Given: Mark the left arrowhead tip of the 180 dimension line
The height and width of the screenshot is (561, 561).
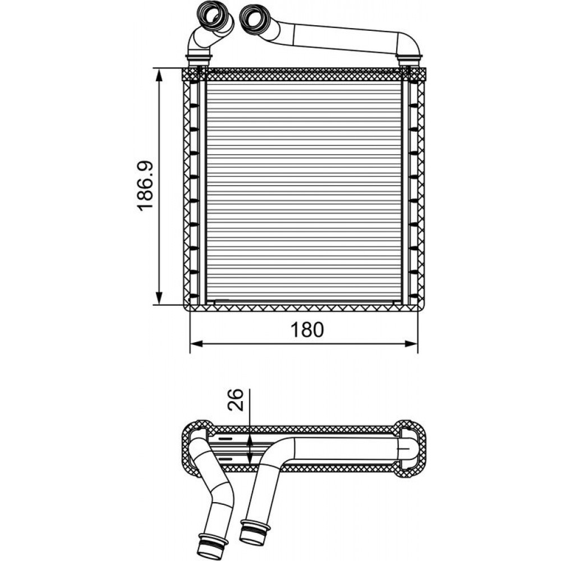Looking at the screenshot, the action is [x=190, y=344].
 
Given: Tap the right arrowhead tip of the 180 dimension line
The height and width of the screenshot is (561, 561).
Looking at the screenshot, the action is [x=417, y=344].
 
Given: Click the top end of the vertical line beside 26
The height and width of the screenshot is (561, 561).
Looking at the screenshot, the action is [x=250, y=389].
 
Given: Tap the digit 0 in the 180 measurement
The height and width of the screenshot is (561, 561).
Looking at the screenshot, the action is [x=317, y=329].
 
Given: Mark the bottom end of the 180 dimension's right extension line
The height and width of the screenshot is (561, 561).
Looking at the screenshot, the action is [x=417, y=353].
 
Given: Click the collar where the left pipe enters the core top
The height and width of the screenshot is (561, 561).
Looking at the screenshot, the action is [x=198, y=59].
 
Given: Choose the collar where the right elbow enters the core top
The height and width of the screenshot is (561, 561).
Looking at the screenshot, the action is [x=410, y=59].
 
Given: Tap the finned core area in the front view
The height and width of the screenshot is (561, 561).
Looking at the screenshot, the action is [x=304, y=191].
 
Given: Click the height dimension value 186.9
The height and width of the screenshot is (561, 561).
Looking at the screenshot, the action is [x=146, y=186].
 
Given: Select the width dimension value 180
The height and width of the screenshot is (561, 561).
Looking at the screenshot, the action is [x=307, y=329].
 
